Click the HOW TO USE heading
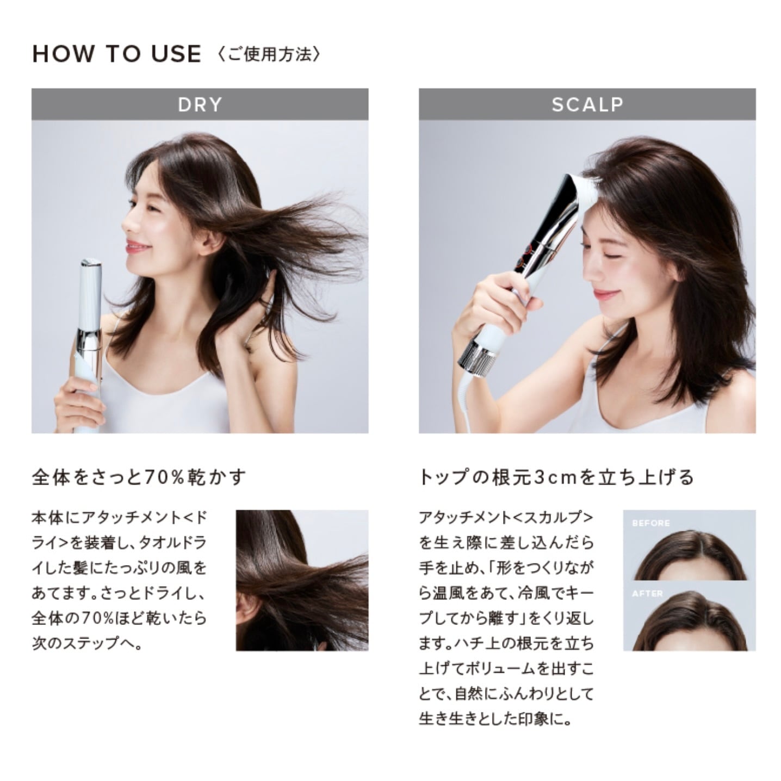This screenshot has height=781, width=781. tap(116, 54)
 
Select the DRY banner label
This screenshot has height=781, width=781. tap(200, 104)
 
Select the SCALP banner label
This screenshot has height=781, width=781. tap(587, 104)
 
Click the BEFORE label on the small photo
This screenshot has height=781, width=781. tap(651, 523)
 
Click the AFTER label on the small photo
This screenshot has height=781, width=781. tap(647, 593)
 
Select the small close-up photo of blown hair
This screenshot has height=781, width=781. tap(302, 580)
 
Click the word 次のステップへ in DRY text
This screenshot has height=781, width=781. tap(87, 644)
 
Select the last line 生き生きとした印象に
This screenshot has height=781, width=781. tap(495, 719)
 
